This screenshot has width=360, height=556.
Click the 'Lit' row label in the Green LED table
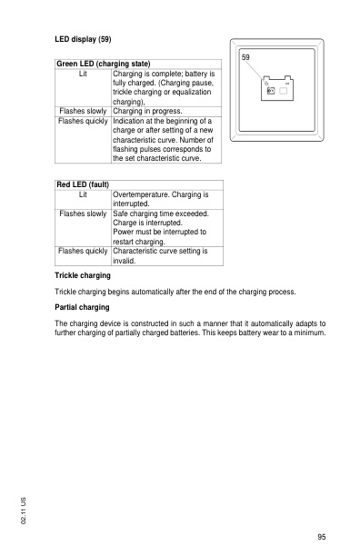point(83,73)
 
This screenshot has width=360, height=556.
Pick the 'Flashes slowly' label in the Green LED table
point(83,111)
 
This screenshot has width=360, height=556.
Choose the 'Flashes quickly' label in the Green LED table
point(83,121)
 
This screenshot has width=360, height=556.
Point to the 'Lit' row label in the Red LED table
point(83,194)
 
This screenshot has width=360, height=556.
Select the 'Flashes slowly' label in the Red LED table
point(83,213)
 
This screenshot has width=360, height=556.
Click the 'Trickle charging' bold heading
point(83,274)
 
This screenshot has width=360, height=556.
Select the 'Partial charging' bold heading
point(83,308)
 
